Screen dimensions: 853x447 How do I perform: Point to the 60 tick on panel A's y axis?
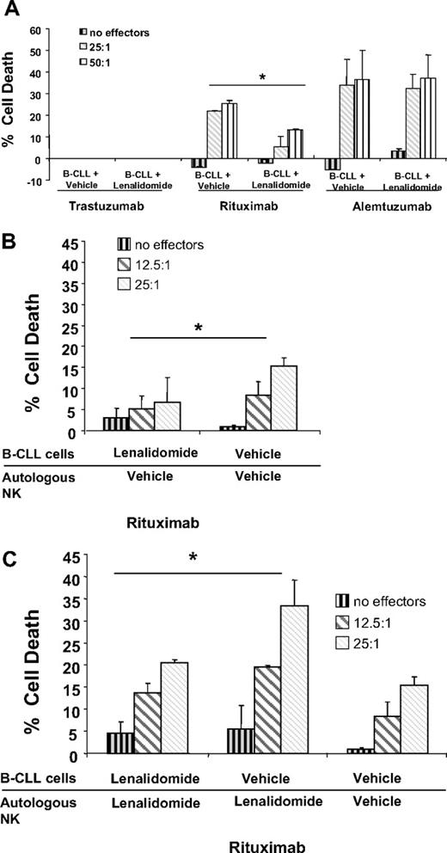[34, 30]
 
